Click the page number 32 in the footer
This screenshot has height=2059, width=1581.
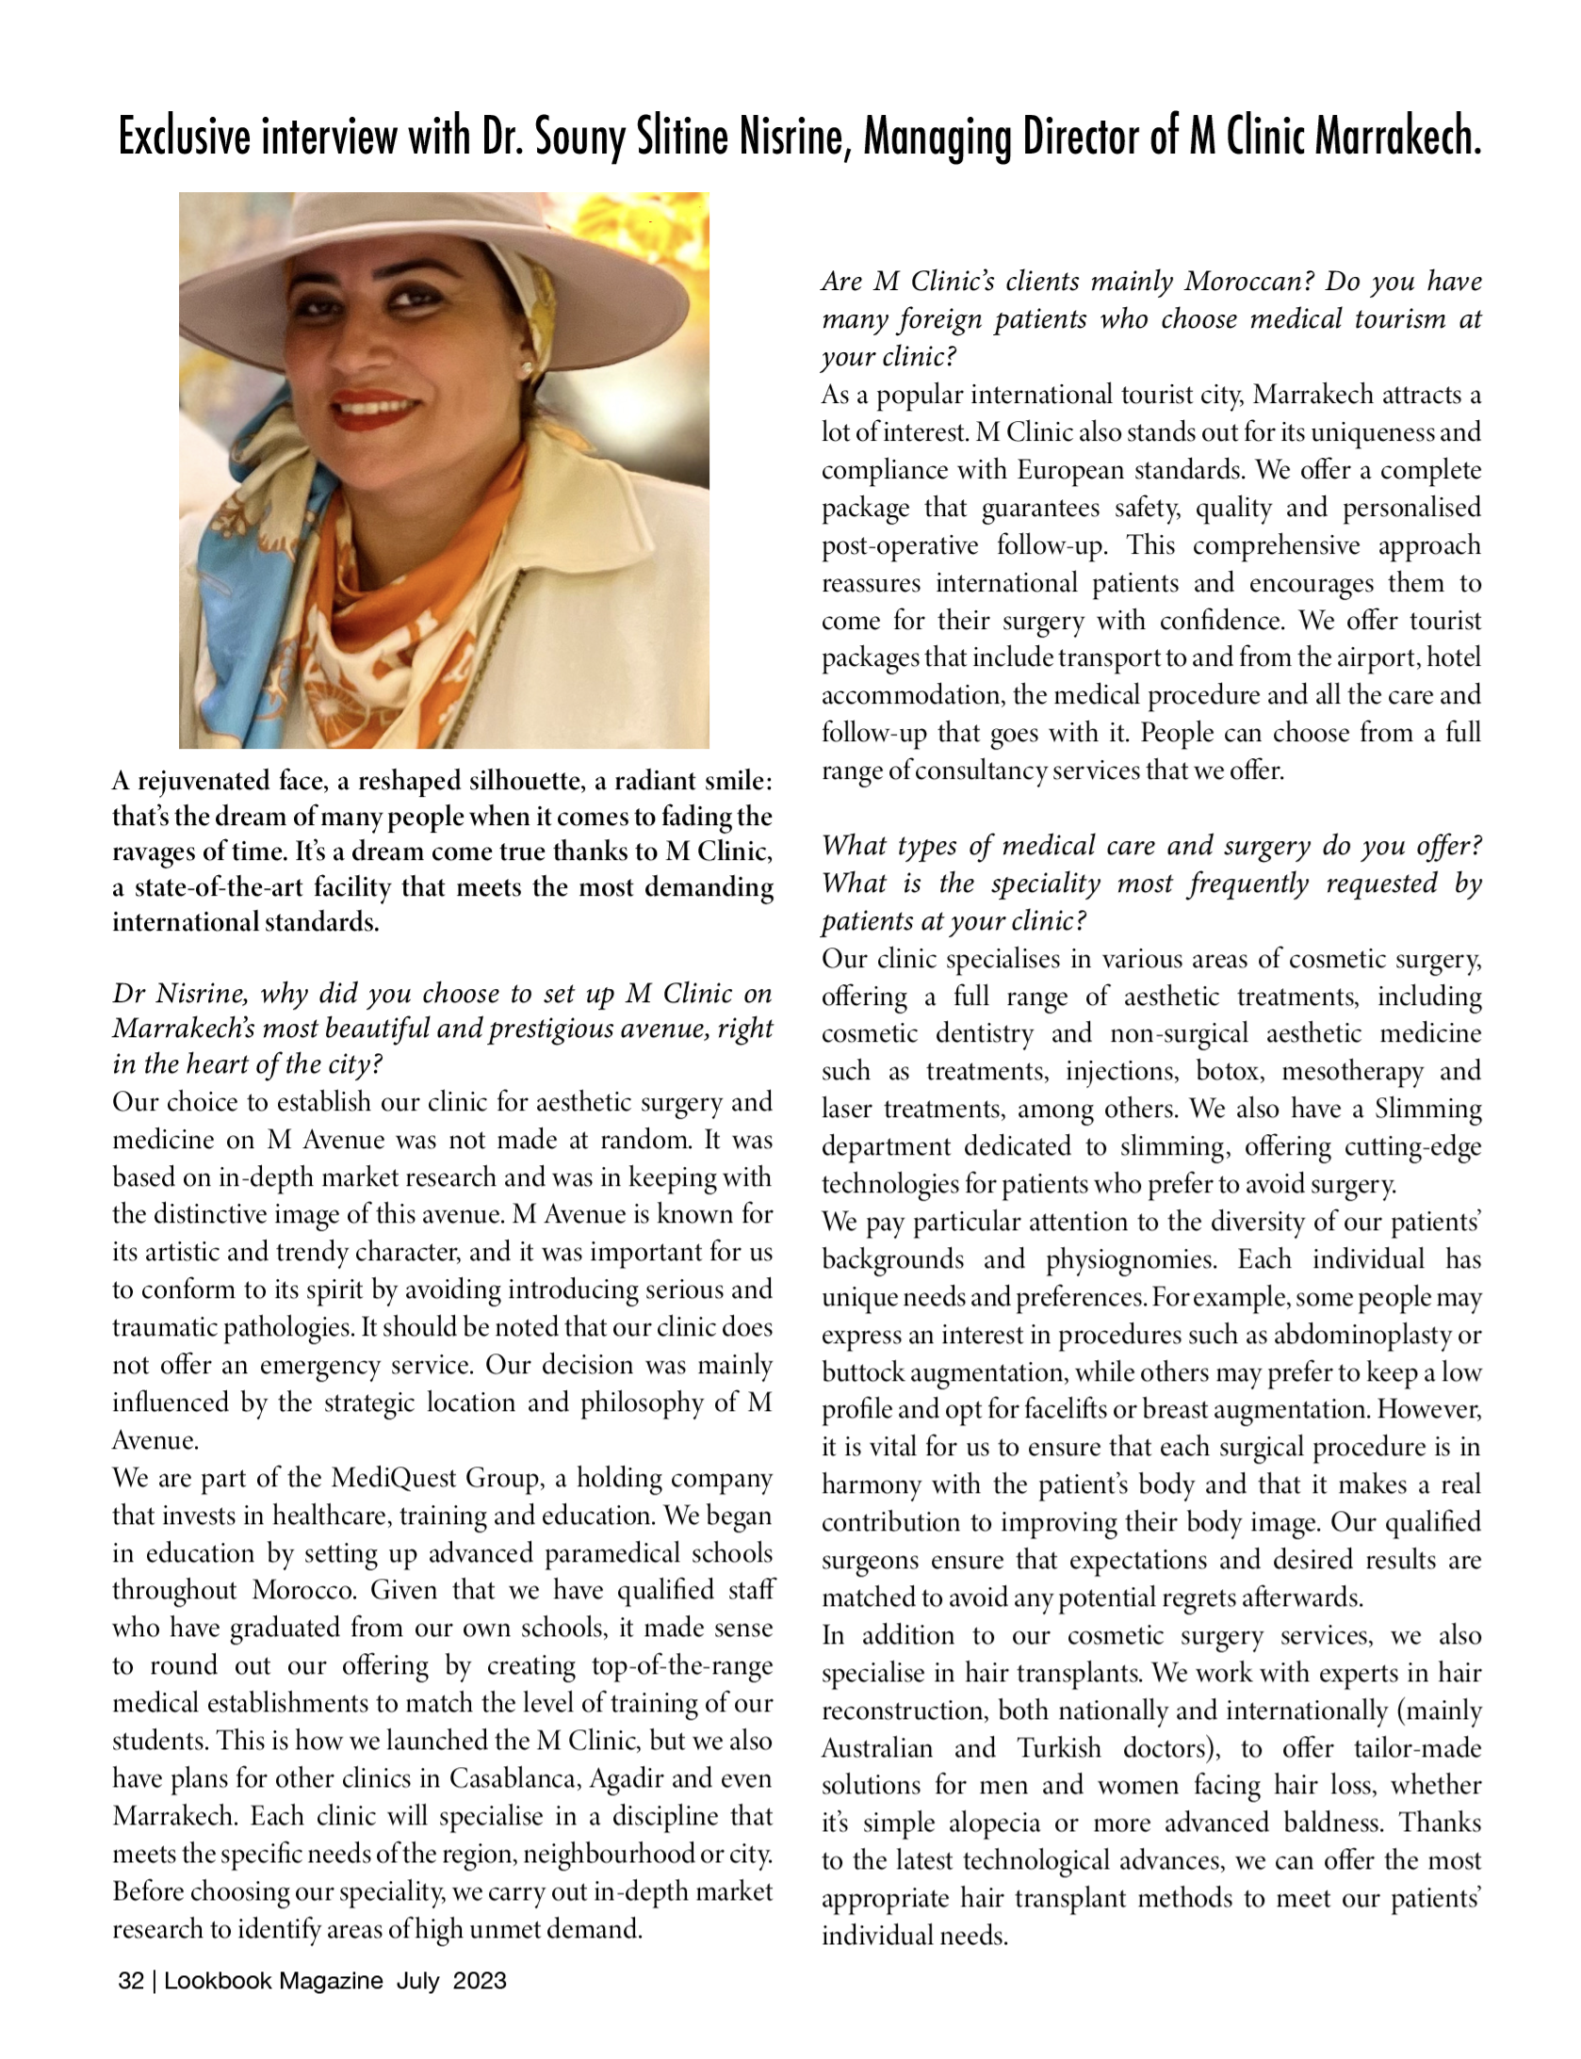(130, 1981)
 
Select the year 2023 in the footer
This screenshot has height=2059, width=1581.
(480, 1981)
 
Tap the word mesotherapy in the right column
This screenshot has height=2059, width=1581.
(1352, 1072)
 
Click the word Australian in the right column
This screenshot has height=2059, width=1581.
(876, 1748)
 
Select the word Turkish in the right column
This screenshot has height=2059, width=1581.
(1059, 1748)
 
